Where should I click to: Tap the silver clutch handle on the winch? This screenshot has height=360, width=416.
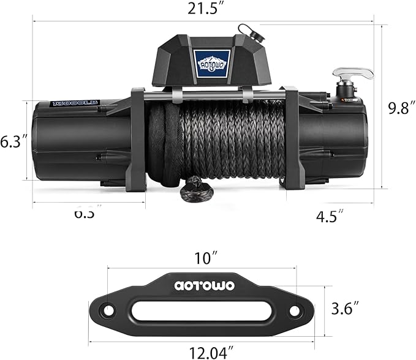(x=355, y=75)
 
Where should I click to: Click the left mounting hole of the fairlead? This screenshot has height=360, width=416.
(x=109, y=310)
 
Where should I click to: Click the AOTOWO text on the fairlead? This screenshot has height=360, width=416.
(x=203, y=284)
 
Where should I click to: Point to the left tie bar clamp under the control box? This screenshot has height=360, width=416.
(x=176, y=94)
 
